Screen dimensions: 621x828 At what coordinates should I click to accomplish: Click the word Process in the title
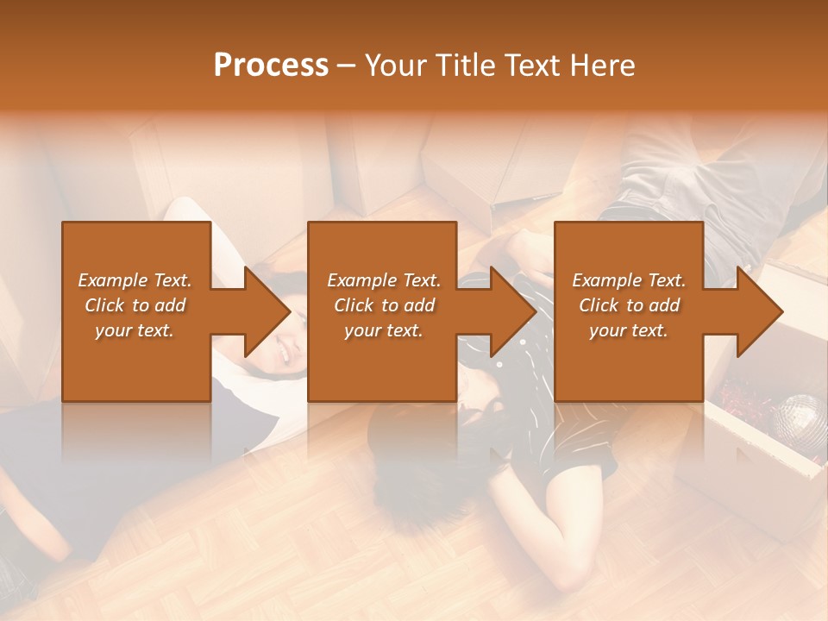point(271,65)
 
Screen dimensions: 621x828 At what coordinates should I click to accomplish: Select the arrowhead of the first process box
point(268,311)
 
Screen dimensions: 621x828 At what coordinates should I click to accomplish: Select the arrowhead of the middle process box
point(514,311)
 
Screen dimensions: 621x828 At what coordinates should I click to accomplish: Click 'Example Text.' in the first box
point(135,280)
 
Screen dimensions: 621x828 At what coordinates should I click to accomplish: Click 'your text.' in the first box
point(135,330)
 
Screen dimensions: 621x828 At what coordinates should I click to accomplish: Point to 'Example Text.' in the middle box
point(384,280)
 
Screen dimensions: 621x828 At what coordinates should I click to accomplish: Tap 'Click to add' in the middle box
point(384,305)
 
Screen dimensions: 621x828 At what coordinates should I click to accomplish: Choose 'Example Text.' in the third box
point(629,280)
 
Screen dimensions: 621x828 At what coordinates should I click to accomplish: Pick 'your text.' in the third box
point(629,330)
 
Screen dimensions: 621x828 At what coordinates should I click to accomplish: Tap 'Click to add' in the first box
point(135,305)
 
